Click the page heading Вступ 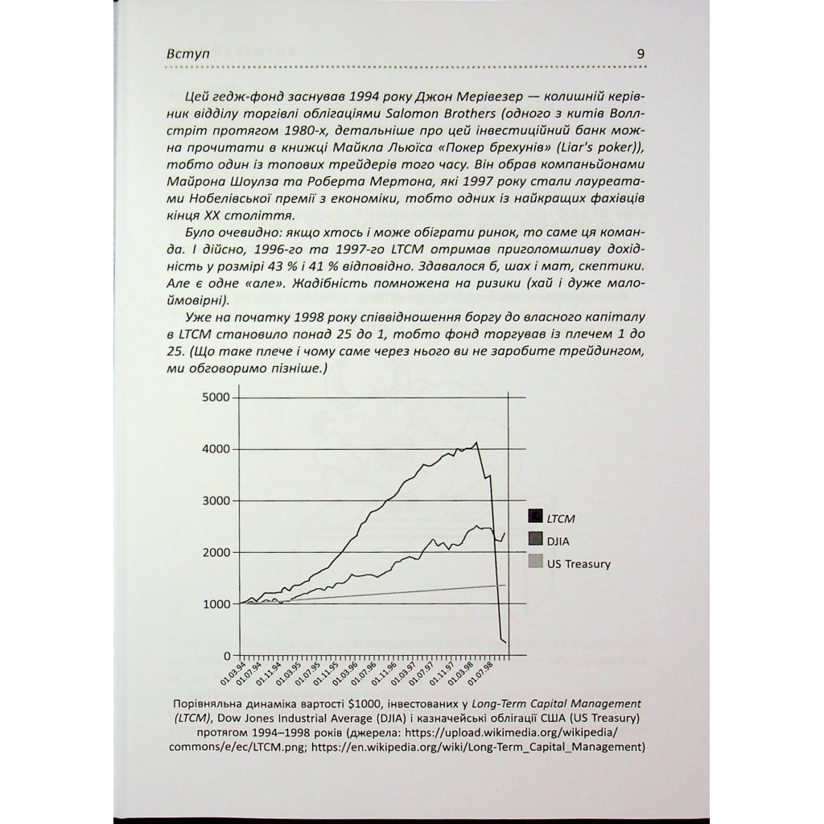[186, 53]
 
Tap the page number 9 [641, 53]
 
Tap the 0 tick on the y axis [227, 655]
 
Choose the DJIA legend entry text [558, 541]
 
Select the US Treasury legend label [579, 563]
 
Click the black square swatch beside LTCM [534, 517]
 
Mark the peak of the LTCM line [476, 442]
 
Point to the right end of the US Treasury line [505, 585]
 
